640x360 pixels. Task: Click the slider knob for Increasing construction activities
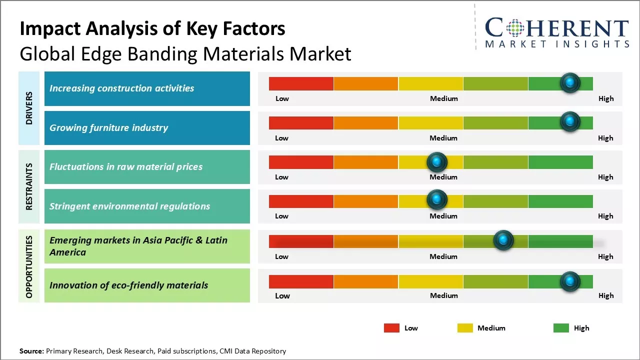pyautogui.click(x=570, y=83)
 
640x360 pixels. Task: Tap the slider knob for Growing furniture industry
pyautogui.click(x=570, y=122)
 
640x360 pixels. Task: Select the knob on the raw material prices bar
pyautogui.click(x=437, y=161)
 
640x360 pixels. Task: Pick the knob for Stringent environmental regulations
pyautogui.click(x=437, y=200)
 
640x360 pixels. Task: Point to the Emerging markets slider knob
pyautogui.click(x=503, y=240)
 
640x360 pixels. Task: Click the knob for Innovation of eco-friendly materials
pyautogui.click(x=570, y=281)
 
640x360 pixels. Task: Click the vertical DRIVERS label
pyautogui.click(x=29, y=108)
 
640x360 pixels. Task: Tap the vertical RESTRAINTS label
pyautogui.click(x=29, y=186)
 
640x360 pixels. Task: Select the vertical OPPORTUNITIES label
pyautogui.click(x=29, y=266)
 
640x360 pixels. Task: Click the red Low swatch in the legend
pyautogui.click(x=391, y=328)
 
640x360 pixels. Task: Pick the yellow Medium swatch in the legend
pyautogui.click(x=465, y=328)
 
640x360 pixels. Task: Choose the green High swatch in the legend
pyautogui.click(x=561, y=328)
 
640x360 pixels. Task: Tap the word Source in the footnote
pyautogui.click(x=31, y=351)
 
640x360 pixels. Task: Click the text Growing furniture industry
pyautogui.click(x=108, y=127)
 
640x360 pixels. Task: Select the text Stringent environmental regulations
pyautogui.click(x=129, y=206)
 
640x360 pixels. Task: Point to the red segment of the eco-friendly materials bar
pyautogui.click(x=301, y=281)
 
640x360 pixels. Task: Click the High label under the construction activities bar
pyautogui.click(x=606, y=98)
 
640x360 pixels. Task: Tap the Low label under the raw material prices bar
pyautogui.click(x=282, y=177)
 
